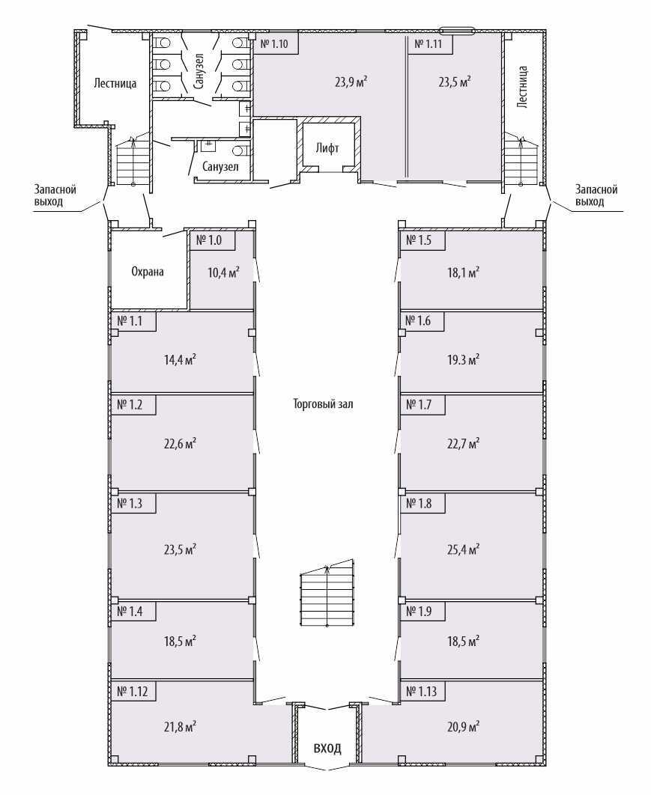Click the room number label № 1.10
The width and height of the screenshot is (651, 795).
[x=274, y=44]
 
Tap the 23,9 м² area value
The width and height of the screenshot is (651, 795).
[x=351, y=82]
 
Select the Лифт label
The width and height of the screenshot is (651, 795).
[x=327, y=148]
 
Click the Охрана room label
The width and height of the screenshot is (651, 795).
[x=148, y=272]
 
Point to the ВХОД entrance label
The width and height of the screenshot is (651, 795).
[x=327, y=749]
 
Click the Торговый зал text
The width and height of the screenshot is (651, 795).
[x=323, y=404]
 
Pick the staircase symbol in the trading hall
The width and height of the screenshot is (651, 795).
[x=327, y=593]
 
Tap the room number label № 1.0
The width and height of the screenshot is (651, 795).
[x=209, y=240]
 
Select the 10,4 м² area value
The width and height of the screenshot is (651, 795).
[x=223, y=272]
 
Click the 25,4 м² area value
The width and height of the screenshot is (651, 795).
[x=463, y=549]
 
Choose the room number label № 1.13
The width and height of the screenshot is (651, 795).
[x=421, y=692]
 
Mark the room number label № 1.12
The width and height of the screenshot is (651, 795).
[x=133, y=692]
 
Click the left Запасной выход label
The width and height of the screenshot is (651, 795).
[x=55, y=195]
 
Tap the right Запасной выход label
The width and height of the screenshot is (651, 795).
[x=596, y=195]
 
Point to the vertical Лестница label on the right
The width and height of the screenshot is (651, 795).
[x=523, y=86]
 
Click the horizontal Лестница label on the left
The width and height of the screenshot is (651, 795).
[x=115, y=83]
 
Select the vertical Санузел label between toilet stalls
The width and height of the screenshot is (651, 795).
[x=199, y=71]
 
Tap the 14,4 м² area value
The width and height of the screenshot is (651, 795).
[x=180, y=360]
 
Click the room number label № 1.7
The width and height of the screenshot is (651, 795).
[x=419, y=405]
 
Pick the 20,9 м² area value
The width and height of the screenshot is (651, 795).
[x=463, y=727]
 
